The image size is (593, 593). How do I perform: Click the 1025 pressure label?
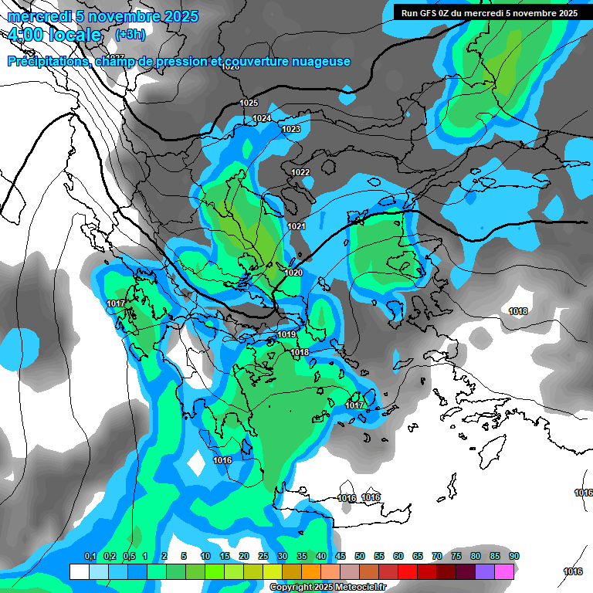point(249,103)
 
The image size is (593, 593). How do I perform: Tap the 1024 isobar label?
point(263,118)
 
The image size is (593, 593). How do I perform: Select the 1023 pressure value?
point(291,129)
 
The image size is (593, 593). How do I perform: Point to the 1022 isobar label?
point(300,172)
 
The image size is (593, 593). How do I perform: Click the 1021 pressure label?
point(296,226)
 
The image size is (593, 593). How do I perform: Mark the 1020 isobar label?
point(293,273)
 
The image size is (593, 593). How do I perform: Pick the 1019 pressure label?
point(287,334)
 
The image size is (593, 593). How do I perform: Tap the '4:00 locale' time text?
point(53,35)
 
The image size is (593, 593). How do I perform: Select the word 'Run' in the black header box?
point(411,13)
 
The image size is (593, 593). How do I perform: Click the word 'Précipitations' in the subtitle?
point(49,62)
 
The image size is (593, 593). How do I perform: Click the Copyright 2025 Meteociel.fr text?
point(327,588)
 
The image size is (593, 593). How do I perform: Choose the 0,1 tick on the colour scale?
point(90,556)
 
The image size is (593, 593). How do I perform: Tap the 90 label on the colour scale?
point(514,556)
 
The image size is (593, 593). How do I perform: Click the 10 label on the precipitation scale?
point(205,556)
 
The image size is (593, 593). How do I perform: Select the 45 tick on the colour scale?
point(341,556)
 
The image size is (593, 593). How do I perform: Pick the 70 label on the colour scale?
point(437,556)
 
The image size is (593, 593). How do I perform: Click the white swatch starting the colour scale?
point(80,571)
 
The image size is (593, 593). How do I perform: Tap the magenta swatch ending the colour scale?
point(504,571)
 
